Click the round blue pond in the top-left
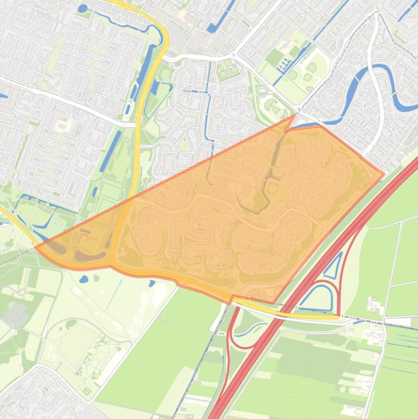[x=82, y=8]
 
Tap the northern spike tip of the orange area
[x=294, y=115]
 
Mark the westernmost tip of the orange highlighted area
[x=36, y=248]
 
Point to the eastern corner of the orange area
[x=384, y=175]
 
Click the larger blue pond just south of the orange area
[x=83, y=279]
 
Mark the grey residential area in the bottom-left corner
[x=33, y=395]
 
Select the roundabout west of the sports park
[x=233, y=54]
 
